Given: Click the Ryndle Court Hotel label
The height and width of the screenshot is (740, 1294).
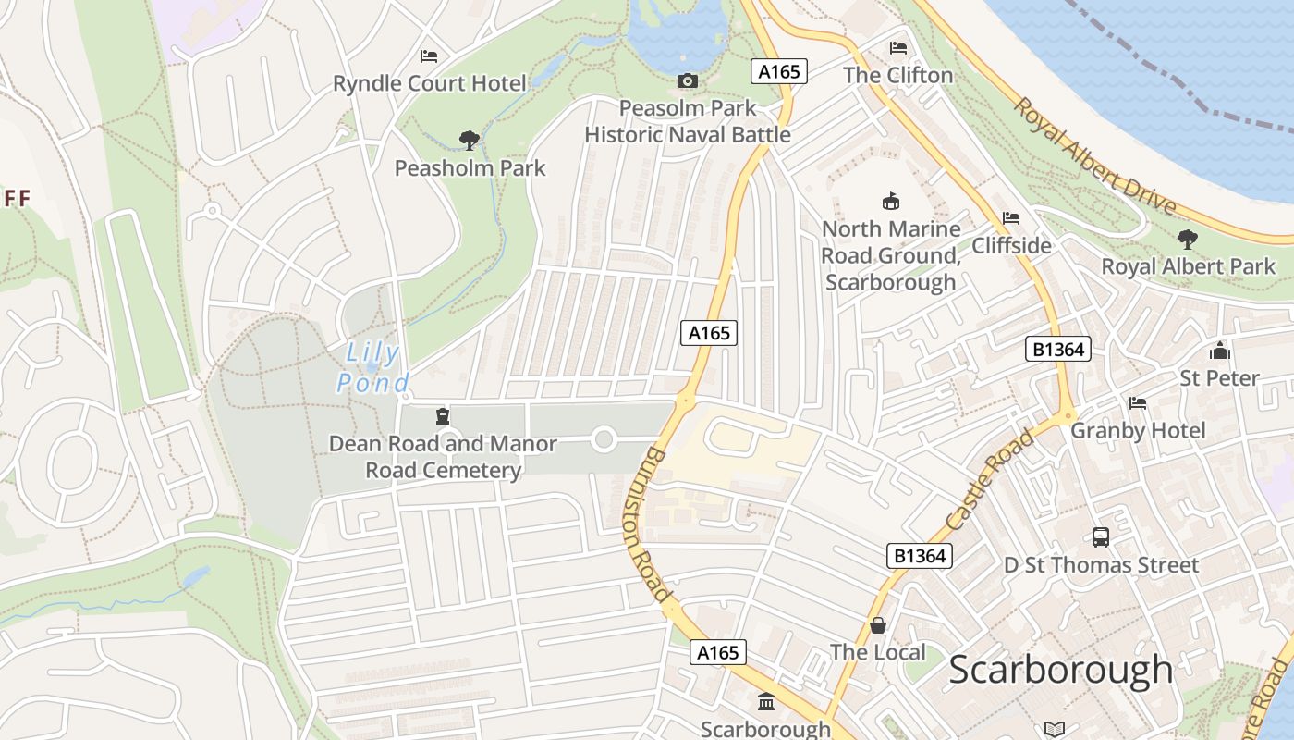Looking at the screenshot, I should click(x=430, y=83).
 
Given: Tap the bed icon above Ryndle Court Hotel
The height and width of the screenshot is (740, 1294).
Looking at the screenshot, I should click(x=428, y=56).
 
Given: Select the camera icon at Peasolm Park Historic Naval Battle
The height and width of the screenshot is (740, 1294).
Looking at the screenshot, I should click(x=687, y=81).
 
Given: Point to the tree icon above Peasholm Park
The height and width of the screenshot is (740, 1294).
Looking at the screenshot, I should click(x=470, y=141).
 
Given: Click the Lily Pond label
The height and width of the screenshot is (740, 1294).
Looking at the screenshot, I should click(x=372, y=367).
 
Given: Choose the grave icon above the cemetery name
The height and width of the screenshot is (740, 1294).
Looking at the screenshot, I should click(x=442, y=416).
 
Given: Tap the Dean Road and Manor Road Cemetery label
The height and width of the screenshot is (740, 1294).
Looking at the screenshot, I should click(x=443, y=457).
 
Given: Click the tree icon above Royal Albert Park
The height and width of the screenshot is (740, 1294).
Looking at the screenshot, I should click(x=1188, y=240).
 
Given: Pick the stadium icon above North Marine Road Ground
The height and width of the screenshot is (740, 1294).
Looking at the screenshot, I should click(x=890, y=201).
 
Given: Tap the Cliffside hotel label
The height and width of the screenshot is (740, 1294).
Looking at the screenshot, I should click(x=1011, y=245).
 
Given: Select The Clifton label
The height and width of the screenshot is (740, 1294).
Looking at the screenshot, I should click(x=897, y=75).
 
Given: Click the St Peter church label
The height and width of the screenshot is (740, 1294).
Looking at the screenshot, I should click(x=1219, y=377).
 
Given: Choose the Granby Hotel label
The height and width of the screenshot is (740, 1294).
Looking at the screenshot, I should click(x=1138, y=430).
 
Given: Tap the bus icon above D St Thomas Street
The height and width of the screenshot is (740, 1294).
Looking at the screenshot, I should click(x=1100, y=537).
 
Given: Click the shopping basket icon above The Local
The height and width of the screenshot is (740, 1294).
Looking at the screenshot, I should click(x=877, y=626).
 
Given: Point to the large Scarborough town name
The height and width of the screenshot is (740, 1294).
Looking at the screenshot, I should click(x=1060, y=669).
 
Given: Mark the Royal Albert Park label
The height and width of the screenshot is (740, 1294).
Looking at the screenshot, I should click(x=1188, y=266).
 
